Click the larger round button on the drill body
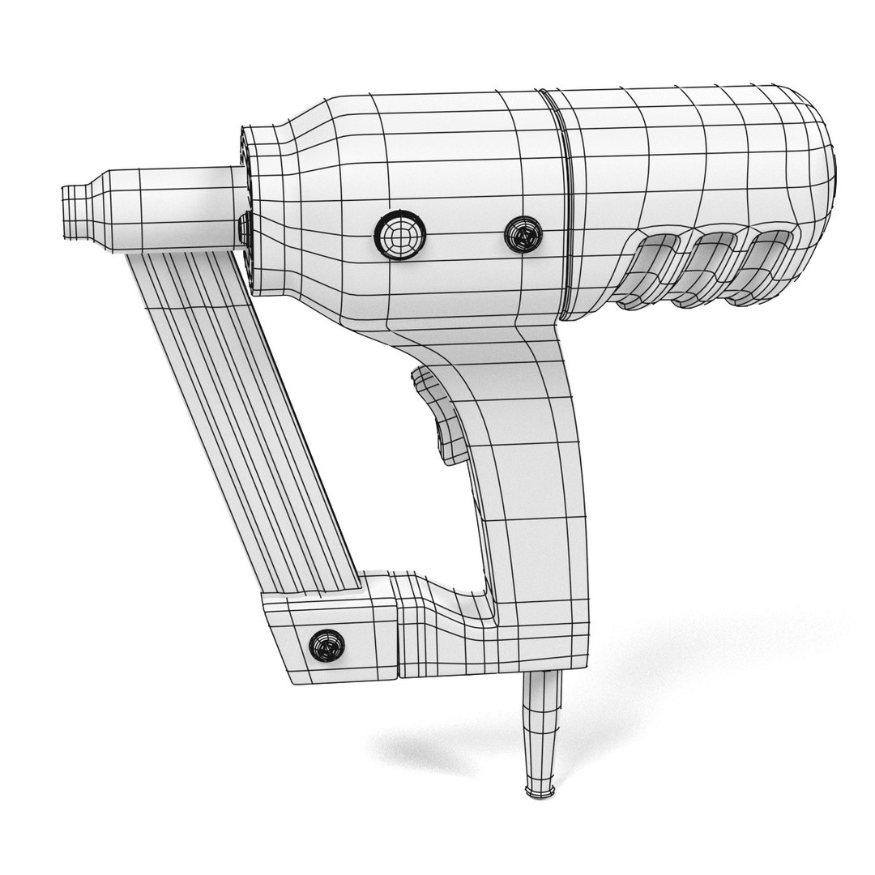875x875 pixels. pyautogui.click(x=398, y=235)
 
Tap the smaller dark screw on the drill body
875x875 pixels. pyautogui.click(x=523, y=234)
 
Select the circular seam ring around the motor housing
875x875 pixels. pyautogui.click(x=561, y=203)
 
